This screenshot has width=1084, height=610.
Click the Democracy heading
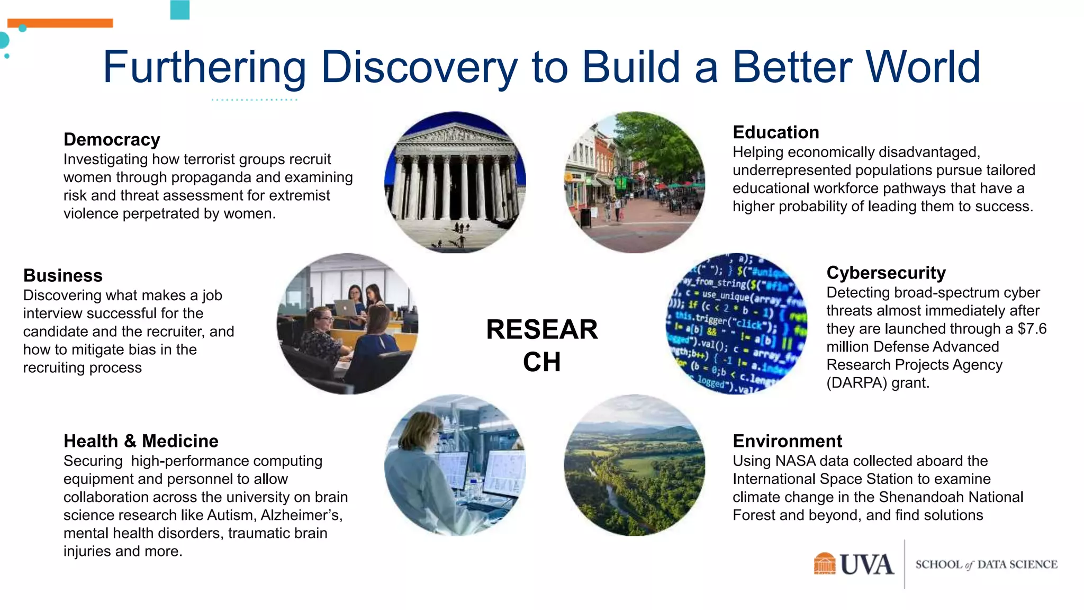[x=112, y=140]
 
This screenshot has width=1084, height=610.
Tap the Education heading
[x=775, y=132]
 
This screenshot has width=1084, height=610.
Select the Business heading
[x=63, y=276]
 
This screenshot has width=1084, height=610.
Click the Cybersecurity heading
[x=886, y=273]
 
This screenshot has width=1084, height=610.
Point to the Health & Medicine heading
[x=141, y=441]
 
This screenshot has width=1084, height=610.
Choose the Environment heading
[x=787, y=441]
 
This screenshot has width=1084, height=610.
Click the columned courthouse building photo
[x=455, y=182]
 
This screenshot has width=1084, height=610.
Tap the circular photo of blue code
[x=736, y=324]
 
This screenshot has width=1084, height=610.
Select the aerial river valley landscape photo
[x=634, y=465]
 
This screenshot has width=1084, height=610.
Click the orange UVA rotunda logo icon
[x=824, y=564]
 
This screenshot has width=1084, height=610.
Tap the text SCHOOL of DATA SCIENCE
[x=986, y=564]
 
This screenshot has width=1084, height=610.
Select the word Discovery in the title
[x=419, y=67]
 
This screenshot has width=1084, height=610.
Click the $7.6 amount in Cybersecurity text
[x=1032, y=329]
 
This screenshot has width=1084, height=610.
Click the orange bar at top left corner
[x=60, y=23]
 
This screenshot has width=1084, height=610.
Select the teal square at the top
[x=180, y=9]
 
